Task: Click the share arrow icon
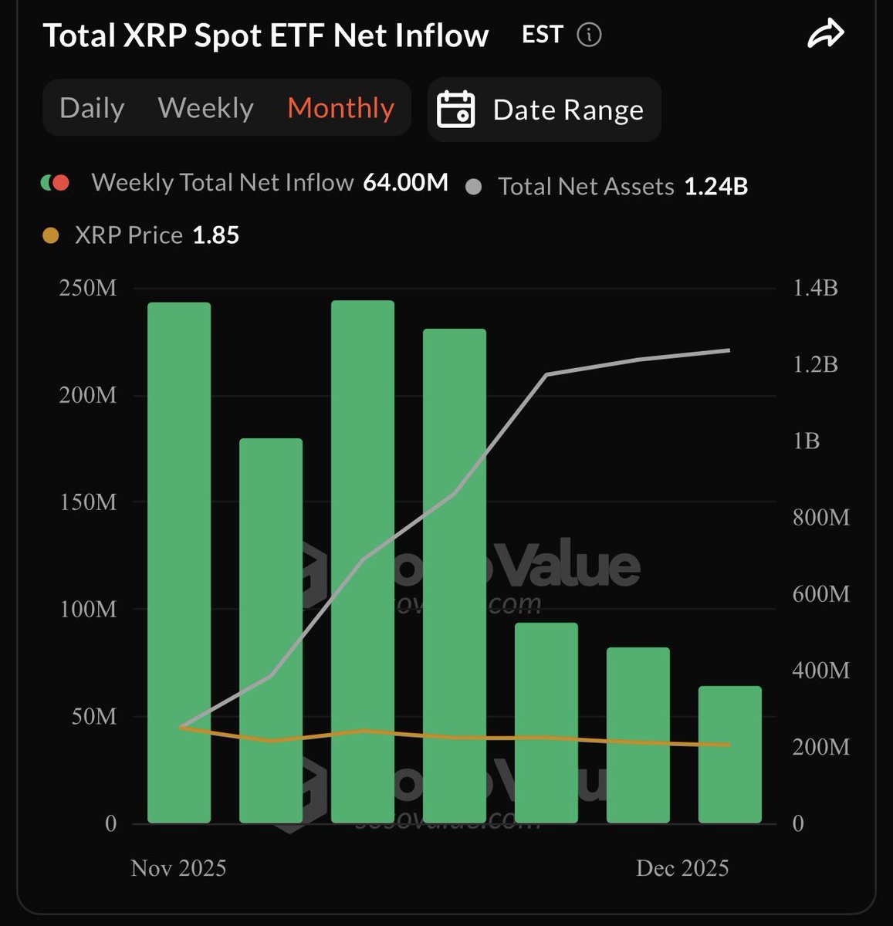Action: click(x=825, y=35)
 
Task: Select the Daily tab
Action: click(x=92, y=108)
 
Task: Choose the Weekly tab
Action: click(x=205, y=108)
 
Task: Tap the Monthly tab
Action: click(x=340, y=108)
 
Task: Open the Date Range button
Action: click(x=544, y=110)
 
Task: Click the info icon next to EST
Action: click(x=589, y=35)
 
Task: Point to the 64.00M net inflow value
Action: click(x=405, y=182)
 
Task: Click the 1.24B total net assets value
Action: click(x=715, y=186)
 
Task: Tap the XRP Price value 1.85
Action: click(x=215, y=235)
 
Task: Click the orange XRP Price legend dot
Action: click(x=50, y=235)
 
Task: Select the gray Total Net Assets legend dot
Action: click(x=474, y=187)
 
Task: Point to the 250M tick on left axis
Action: click(x=87, y=288)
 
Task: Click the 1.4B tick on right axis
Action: click(x=815, y=288)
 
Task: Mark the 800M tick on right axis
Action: click(x=820, y=517)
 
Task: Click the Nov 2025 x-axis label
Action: click(x=178, y=868)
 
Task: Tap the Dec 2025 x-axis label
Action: click(x=682, y=868)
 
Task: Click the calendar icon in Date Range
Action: click(x=455, y=110)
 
